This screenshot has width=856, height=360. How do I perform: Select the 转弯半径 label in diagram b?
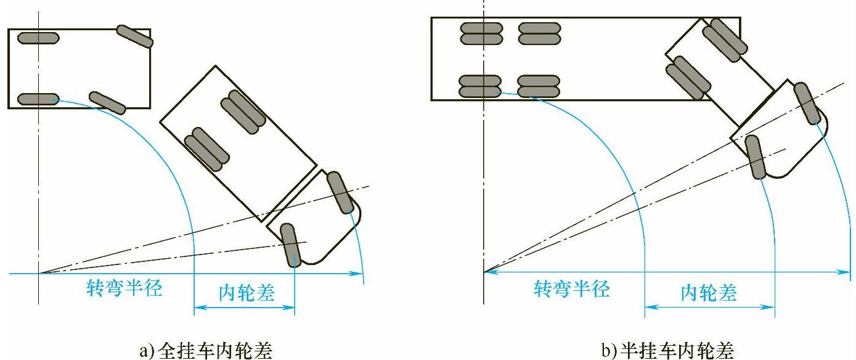point(571,288)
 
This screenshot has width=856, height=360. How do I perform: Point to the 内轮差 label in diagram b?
point(709,292)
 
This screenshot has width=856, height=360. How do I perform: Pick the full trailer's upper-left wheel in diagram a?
point(38,38)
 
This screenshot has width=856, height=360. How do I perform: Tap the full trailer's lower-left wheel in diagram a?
point(38,99)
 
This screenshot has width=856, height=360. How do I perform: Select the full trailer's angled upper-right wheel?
point(134,36)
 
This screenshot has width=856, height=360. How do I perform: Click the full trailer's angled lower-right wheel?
point(107,102)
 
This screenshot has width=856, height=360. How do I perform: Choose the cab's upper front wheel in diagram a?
point(338,192)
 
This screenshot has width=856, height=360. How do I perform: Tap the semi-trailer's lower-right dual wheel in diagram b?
point(539,86)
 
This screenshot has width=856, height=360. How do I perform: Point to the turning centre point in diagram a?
point(39,272)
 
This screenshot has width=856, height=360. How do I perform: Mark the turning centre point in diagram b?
point(484,271)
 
